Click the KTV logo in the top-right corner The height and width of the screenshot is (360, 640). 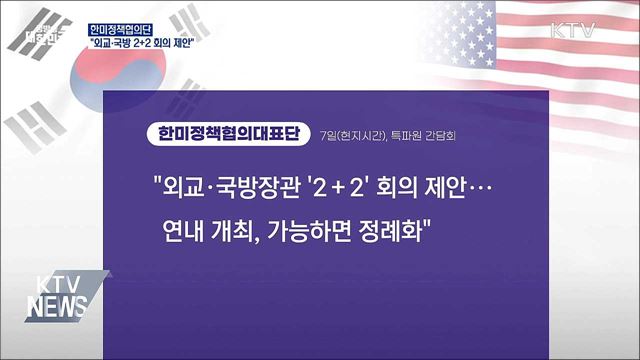573,30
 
